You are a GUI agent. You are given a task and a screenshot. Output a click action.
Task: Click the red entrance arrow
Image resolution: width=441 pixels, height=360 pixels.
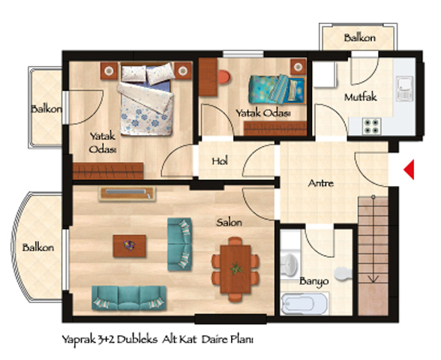(x=410, y=169)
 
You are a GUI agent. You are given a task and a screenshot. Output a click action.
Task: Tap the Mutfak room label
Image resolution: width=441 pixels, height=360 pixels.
(x=361, y=97)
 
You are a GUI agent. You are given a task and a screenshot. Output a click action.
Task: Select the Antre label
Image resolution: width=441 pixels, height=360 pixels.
(x=321, y=183)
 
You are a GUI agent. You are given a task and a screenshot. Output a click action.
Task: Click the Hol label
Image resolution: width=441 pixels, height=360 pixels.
(x=220, y=161)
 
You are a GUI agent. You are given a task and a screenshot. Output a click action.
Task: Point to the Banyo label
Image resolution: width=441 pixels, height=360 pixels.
(x=313, y=281)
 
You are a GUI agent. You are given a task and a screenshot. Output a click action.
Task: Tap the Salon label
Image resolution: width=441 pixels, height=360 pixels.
(x=229, y=223)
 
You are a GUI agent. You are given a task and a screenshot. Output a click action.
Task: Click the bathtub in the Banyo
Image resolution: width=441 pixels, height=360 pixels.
(x=304, y=304)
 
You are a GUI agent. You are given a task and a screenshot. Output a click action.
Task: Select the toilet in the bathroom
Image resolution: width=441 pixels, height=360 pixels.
(x=343, y=273)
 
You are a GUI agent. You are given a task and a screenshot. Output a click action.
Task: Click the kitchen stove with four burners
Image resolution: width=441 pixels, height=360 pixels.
(x=371, y=126)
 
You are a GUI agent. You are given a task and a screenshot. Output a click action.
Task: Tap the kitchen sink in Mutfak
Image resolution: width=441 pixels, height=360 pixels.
(x=405, y=88)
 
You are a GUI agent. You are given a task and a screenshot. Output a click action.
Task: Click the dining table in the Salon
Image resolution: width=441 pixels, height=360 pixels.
(x=235, y=269)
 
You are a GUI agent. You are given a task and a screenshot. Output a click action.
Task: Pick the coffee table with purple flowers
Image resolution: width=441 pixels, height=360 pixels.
(x=129, y=246)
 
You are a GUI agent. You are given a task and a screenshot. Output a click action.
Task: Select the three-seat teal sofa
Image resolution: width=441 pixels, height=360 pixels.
(x=129, y=298)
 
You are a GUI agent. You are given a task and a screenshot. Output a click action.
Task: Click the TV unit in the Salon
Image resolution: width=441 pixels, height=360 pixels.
(x=127, y=193)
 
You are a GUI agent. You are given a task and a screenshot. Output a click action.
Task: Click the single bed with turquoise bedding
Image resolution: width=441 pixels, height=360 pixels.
(x=277, y=89)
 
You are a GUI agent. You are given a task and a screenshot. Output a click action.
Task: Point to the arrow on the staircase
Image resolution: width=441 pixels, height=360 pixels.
(x=373, y=238)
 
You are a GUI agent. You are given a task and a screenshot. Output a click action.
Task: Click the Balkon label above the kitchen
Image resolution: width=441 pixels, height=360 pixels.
(x=360, y=37)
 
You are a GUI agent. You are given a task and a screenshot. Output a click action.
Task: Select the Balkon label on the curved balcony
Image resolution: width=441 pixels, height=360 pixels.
(x=38, y=247)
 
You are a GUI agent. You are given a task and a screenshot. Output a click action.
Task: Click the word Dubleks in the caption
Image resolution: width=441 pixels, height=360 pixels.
(x=137, y=340)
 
